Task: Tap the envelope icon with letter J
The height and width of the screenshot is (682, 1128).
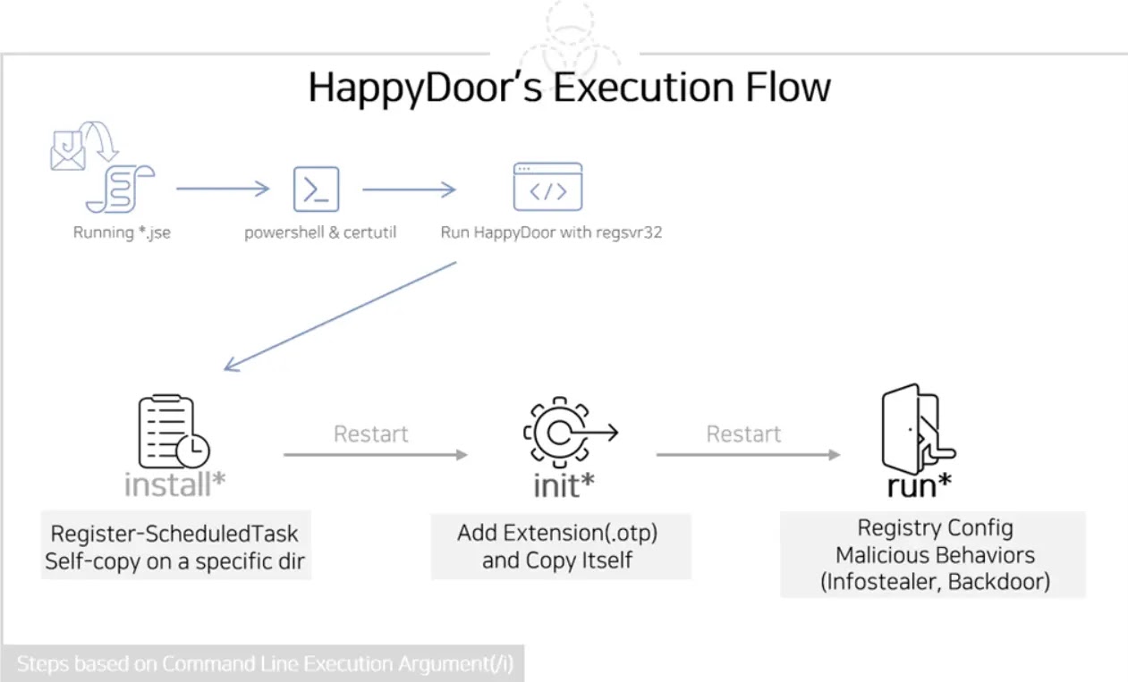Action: click(67, 150)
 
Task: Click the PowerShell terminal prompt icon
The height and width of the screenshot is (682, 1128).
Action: click(317, 189)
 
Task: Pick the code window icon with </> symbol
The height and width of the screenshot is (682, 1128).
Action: click(547, 187)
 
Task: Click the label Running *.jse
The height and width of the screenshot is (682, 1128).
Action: click(122, 232)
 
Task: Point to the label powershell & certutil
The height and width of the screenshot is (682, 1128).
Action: click(320, 232)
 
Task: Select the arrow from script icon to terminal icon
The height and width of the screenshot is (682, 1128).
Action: click(223, 189)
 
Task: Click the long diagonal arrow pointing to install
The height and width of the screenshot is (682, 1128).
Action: click(340, 316)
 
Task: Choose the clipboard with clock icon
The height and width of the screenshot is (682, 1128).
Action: click(174, 432)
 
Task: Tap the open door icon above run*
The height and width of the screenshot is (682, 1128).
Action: click(918, 429)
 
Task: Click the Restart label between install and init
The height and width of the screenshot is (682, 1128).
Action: click(370, 434)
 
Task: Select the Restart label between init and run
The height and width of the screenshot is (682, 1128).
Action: click(743, 434)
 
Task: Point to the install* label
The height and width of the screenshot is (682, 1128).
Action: click(174, 484)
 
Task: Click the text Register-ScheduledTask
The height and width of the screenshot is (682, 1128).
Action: click(174, 534)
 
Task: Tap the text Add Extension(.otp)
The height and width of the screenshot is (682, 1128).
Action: click(557, 533)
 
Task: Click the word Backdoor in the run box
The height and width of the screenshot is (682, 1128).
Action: click(999, 582)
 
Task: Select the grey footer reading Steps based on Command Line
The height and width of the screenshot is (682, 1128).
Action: click(262, 663)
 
